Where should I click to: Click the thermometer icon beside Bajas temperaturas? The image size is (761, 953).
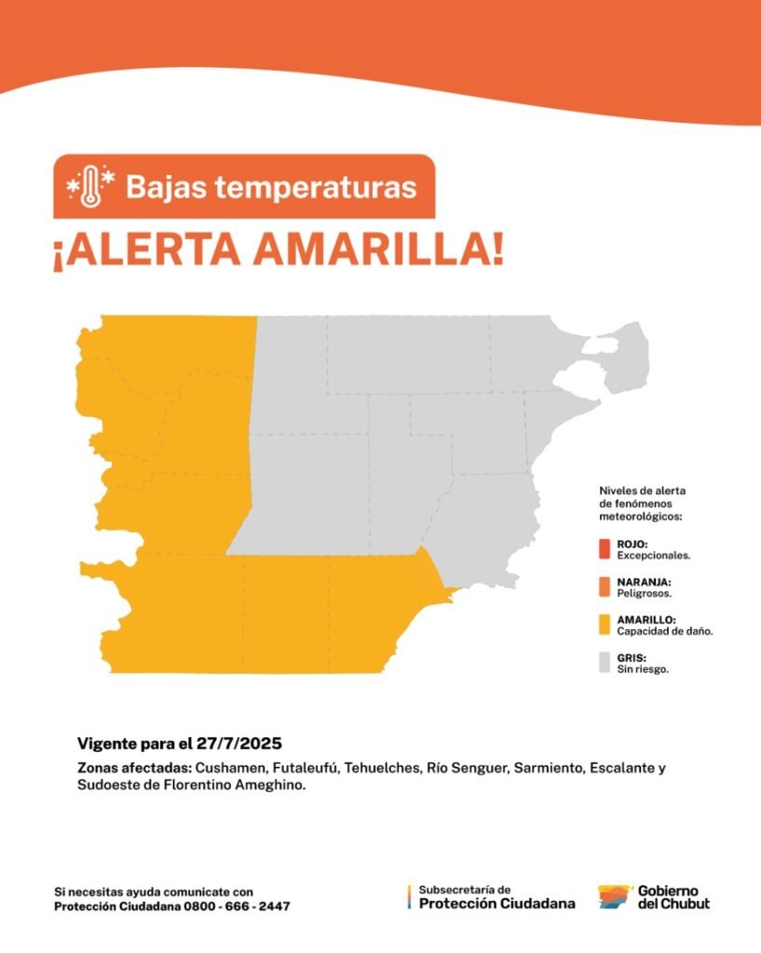[x=90, y=186]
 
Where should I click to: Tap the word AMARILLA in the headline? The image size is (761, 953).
[x=378, y=249]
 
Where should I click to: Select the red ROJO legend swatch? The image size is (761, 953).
[x=605, y=549]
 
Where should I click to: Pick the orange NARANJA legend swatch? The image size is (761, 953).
[x=605, y=587]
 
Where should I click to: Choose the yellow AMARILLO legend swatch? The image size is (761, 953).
[x=605, y=624]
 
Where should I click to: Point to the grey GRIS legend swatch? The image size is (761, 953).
[x=605, y=663]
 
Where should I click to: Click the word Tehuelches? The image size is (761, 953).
[x=382, y=768]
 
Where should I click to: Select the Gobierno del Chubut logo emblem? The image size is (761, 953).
[x=616, y=897]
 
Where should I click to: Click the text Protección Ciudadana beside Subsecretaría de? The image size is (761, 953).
[x=497, y=904]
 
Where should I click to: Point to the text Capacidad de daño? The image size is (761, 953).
[x=665, y=632]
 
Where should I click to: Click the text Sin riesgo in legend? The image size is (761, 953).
[x=643, y=669]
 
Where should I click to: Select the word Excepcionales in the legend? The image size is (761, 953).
[x=653, y=556]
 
